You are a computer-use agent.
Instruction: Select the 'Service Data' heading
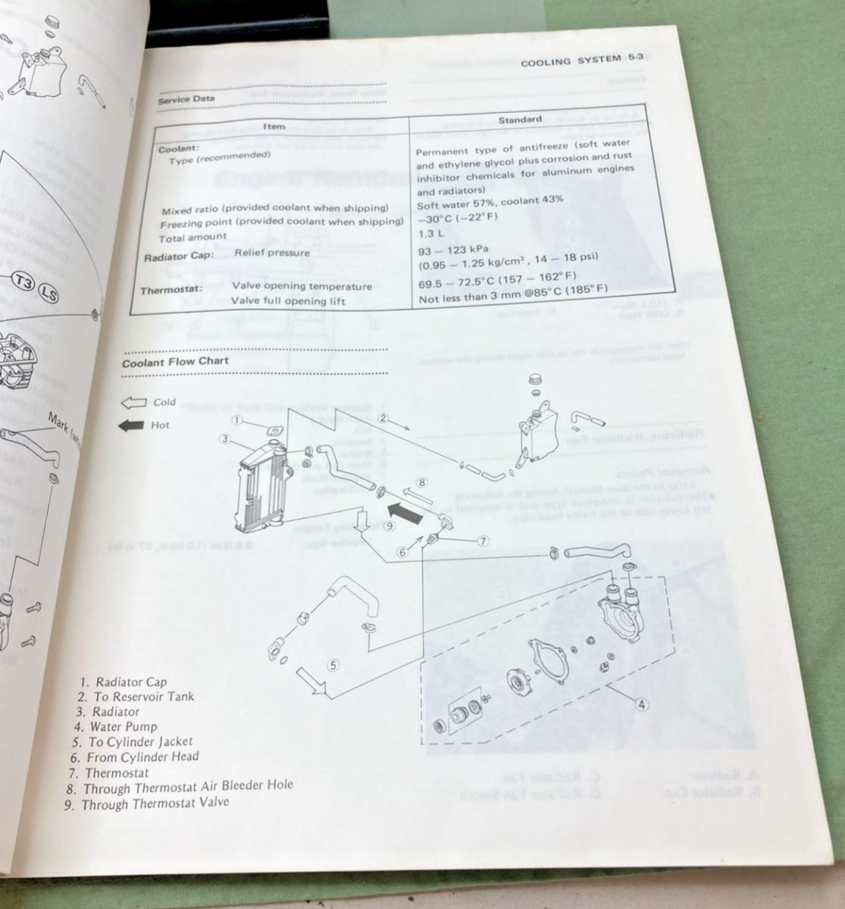tap(186, 98)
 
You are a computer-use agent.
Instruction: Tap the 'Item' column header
tap(274, 127)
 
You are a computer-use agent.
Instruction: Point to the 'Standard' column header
tap(520, 120)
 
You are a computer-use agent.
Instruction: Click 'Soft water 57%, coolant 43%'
tap(490, 200)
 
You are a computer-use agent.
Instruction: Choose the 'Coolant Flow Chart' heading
tap(176, 362)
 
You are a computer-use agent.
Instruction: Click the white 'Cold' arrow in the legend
tap(133, 402)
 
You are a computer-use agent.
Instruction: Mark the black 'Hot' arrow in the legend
tap(131, 426)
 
